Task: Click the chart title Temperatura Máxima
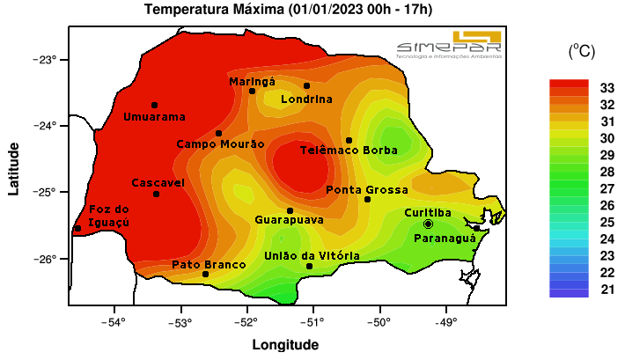click(288, 10)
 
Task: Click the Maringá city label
click(252, 81)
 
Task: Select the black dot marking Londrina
click(306, 85)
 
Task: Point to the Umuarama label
click(154, 117)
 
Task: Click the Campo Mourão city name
click(220, 143)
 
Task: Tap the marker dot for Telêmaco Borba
click(349, 140)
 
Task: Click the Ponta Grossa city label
click(367, 189)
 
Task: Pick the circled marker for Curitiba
click(428, 224)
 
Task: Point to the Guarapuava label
click(289, 219)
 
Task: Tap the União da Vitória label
click(312, 255)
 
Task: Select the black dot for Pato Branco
click(206, 274)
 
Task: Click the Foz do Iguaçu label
click(109, 216)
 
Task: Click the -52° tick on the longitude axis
click(246, 321)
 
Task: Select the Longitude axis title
click(285, 345)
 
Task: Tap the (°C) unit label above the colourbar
click(581, 52)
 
